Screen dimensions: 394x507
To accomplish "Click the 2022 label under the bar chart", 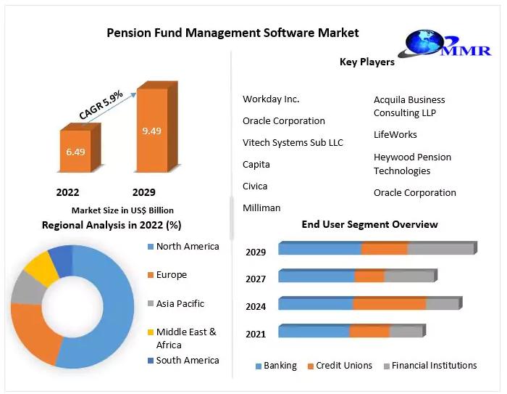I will (x=68, y=193).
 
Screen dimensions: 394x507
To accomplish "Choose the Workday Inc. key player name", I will (x=271, y=99).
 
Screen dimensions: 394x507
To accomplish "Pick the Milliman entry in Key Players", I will (x=261, y=208).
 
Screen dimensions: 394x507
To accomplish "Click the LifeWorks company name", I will (x=395, y=135).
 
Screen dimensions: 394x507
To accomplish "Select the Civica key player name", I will (x=255, y=186).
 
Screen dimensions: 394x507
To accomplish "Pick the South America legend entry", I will (x=187, y=361).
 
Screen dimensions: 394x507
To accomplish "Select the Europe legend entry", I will (x=171, y=275).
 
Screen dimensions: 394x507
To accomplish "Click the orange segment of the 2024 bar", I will (x=389, y=304).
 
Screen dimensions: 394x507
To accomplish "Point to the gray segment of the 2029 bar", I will (x=440, y=249).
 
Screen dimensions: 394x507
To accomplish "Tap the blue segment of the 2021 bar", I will (x=314, y=332).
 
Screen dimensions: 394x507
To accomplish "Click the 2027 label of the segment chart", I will (x=256, y=279).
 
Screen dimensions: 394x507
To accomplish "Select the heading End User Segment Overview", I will (x=369, y=225).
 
